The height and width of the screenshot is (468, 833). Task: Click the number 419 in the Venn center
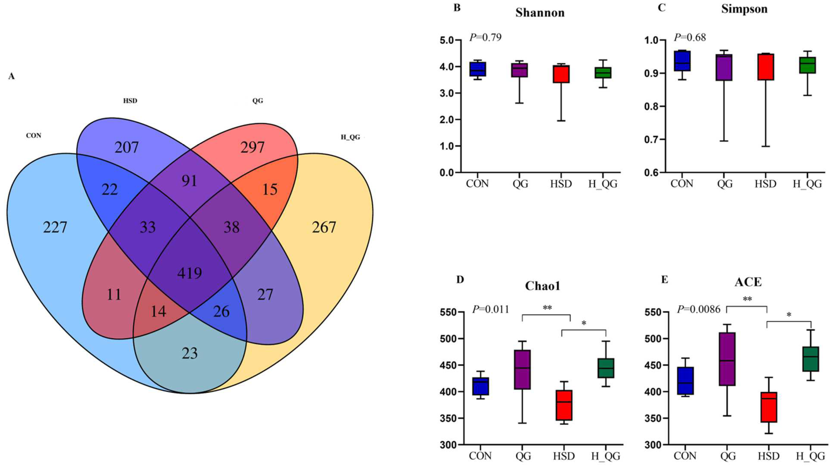click(189, 273)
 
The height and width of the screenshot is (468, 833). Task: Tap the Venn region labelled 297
click(252, 148)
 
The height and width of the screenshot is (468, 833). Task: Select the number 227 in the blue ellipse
click(55, 227)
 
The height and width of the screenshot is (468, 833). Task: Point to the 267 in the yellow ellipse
click(324, 227)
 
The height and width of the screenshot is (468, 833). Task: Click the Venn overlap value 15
click(270, 189)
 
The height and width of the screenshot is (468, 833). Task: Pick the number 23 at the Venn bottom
click(189, 353)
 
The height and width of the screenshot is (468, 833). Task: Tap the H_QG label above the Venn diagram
click(350, 137)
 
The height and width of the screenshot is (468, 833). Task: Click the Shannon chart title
click(540, 13)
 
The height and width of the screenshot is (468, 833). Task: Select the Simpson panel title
click(744, 9)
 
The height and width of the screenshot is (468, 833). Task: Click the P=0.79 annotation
click(485, 37)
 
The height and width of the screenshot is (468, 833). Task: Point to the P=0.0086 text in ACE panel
click(699, 309)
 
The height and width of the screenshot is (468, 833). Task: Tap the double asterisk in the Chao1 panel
click(547, 308)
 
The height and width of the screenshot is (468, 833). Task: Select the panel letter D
click(460, 280)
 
